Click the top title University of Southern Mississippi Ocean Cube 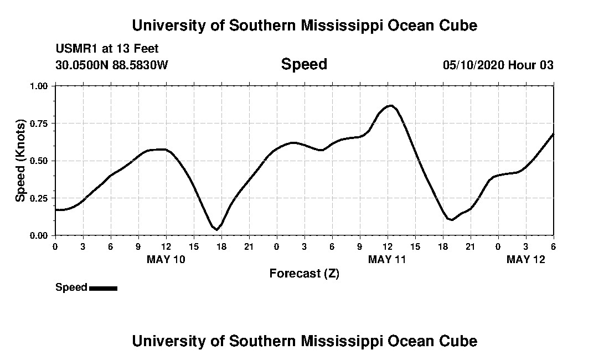304,25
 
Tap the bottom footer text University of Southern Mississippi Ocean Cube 304,341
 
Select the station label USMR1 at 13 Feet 107,49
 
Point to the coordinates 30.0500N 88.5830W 112,65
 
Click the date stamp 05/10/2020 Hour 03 498,65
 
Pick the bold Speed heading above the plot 304,64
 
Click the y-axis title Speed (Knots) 20,161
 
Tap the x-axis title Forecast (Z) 304,274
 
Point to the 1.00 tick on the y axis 38,86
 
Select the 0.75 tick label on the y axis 38,124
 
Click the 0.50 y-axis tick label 38,161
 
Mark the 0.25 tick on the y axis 38,198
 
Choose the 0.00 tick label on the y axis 38,235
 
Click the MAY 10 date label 166,259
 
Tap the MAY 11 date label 388,259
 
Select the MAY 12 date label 526,259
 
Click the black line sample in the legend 103,288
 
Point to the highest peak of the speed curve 391,105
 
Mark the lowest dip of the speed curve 216,229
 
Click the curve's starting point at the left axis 56,210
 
